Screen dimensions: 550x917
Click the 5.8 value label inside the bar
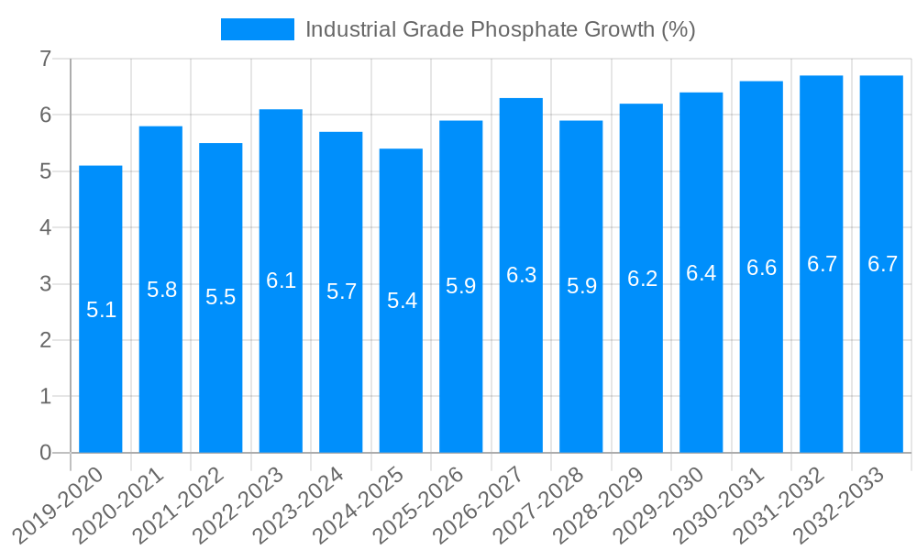161,290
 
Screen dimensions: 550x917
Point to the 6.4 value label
701,273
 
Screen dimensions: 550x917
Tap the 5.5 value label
221,297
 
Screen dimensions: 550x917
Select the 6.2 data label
641,279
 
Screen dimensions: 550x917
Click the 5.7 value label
341,291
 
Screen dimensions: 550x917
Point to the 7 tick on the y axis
45,59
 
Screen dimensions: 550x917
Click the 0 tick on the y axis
45,453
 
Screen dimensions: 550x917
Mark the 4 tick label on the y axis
45,227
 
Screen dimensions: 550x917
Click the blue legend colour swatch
258,29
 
